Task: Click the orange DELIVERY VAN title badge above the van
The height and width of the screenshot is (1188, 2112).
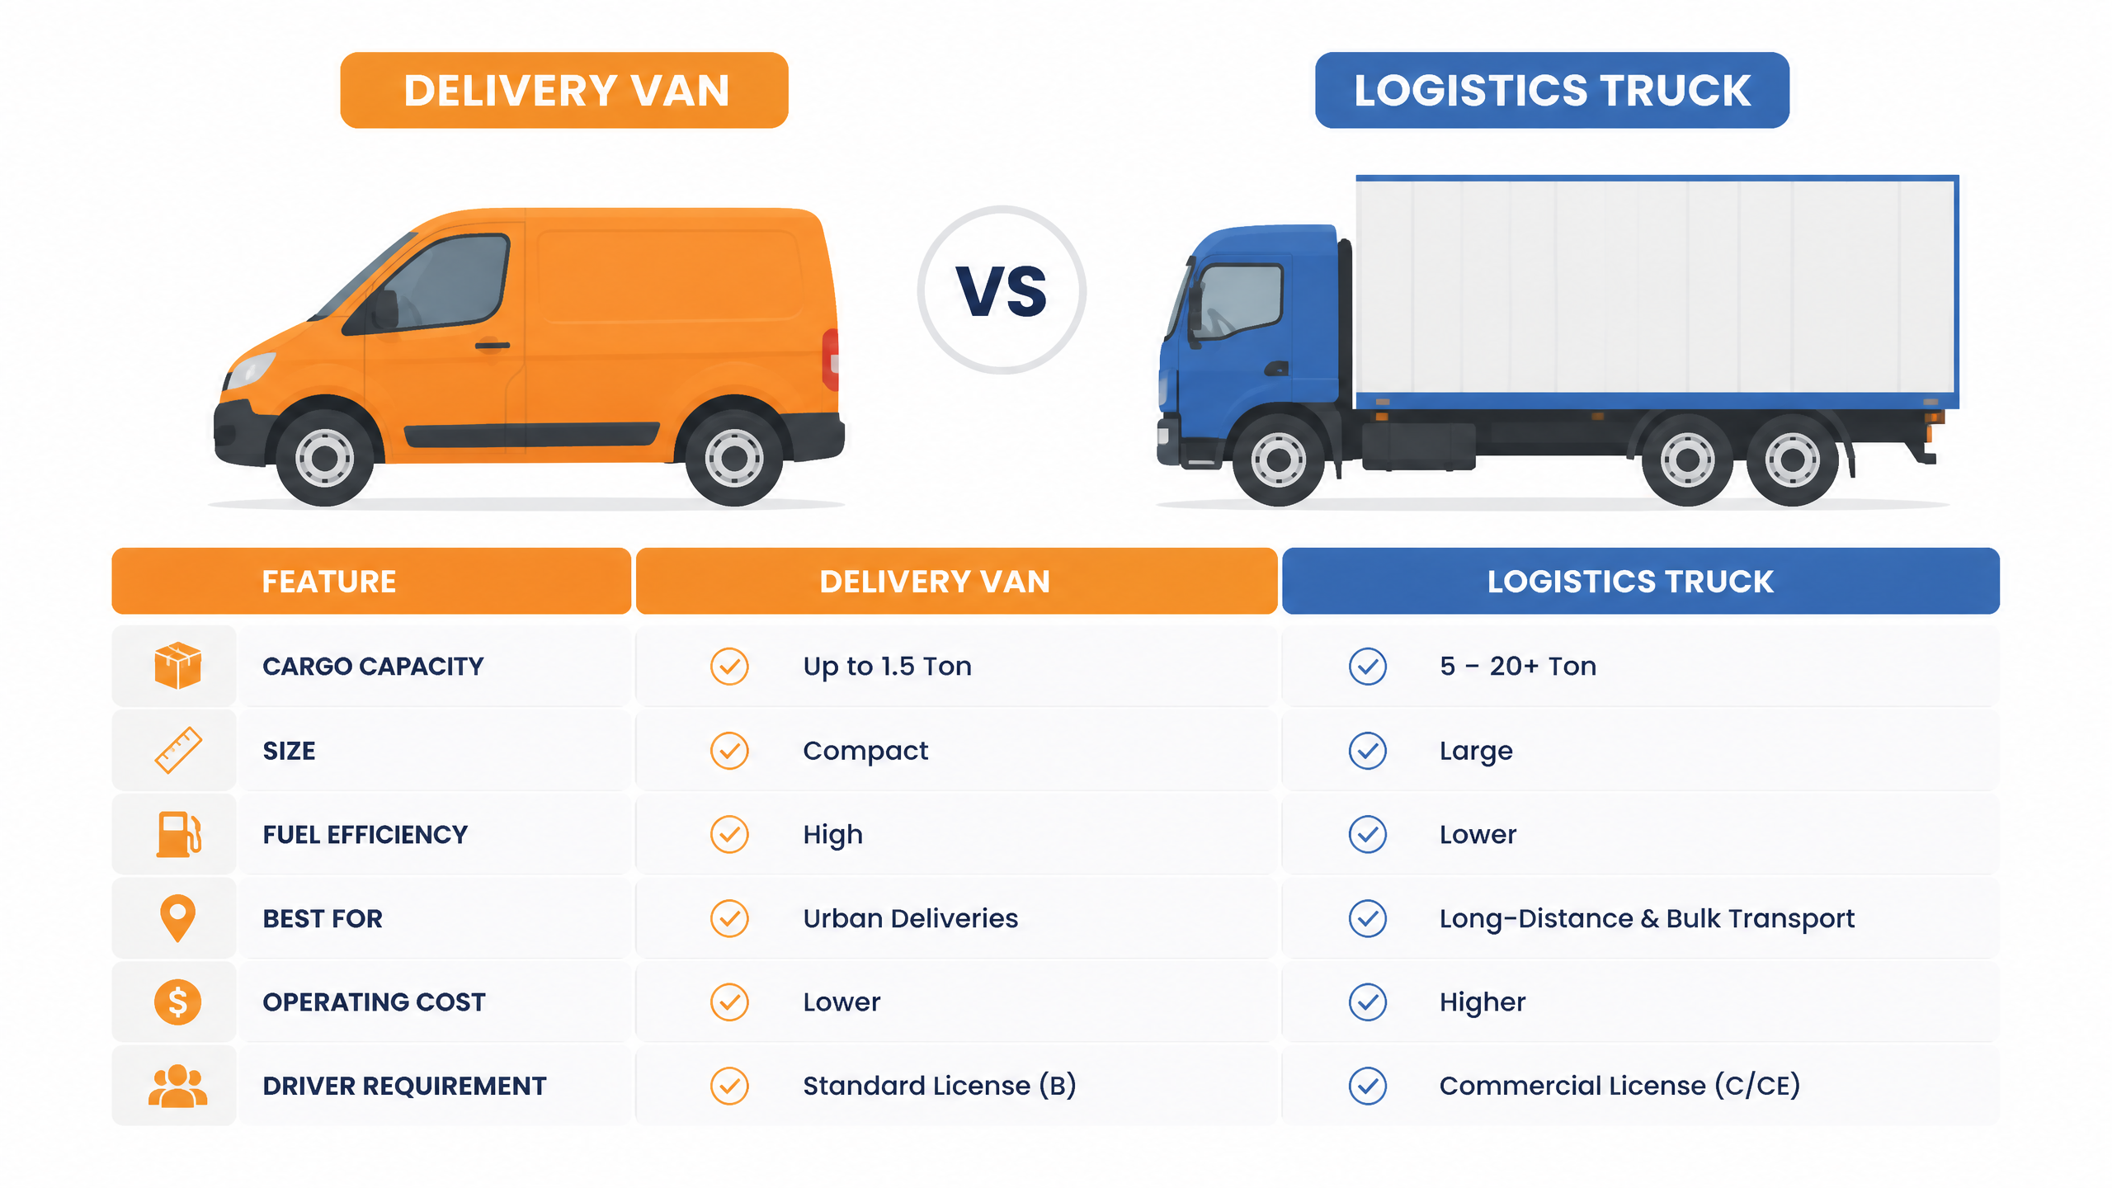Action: (x=564, y=90)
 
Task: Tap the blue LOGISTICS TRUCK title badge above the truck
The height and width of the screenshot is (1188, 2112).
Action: (x=1552, y=90)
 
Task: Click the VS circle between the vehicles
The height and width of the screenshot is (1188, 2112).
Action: (x=1002, y=290)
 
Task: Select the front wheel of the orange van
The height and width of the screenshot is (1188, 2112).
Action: (x=325, y=457)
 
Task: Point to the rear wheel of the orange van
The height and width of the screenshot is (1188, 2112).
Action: (x=733, y=457)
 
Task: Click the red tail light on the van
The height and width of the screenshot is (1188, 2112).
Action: (x=831, y=360)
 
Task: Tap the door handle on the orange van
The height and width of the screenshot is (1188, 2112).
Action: (x=492, y=345)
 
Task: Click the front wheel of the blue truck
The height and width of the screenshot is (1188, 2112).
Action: (x=1278, y=459)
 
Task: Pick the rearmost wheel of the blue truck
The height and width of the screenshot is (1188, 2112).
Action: (x=1791, y=459)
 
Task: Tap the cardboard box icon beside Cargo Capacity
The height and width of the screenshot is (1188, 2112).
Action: (x=177, y=665)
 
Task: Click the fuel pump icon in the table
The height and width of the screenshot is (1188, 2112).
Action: (x=178, y=834)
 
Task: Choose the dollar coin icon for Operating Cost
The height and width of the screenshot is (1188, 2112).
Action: (x=177, y=1002)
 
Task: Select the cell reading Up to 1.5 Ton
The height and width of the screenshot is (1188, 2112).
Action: (x=888, y=666)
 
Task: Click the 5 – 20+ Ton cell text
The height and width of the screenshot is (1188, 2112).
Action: (x=1518, y=666)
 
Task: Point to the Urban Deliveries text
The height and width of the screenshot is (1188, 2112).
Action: (x=911, y=918)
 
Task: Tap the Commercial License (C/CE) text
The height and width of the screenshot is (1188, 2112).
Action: (x=1619, y=1086)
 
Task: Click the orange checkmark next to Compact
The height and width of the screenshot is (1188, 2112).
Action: (x=729, y=751)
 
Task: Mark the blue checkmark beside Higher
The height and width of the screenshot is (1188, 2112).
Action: (x=1368, y=1002)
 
